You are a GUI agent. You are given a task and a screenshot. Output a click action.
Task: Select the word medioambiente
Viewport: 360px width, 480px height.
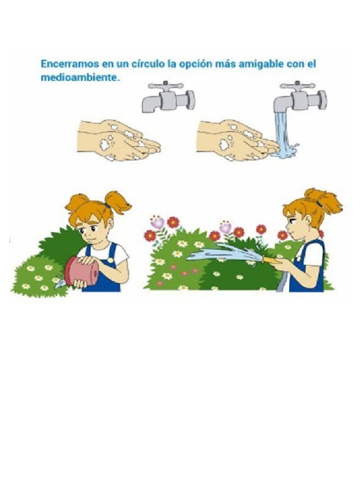click(79, 77)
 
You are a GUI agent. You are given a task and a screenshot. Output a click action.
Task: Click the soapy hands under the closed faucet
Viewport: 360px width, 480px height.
click(118, 140)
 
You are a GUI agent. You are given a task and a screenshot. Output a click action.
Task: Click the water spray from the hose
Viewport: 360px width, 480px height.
click(225, 253)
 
